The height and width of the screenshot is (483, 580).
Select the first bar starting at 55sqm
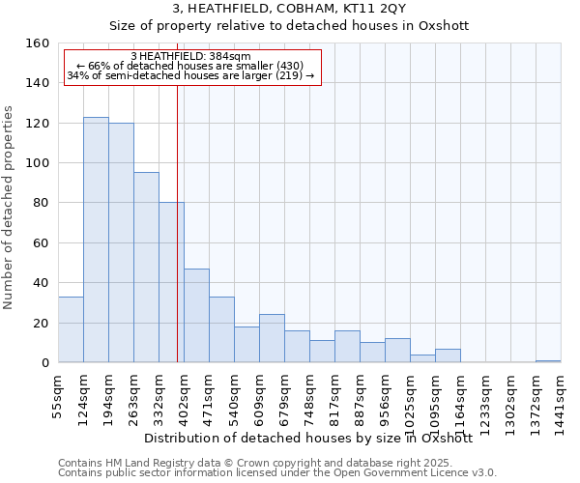[71, 329]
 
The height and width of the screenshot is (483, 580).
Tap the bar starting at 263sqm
[146, 268]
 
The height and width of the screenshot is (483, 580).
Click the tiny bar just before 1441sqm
[548, 360]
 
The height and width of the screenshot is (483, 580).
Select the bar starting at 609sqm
[272, 338]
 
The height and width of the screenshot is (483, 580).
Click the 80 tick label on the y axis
[39, 203]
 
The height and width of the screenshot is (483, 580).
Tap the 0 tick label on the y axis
[43, 362]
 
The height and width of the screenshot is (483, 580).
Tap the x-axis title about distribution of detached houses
[307, 438]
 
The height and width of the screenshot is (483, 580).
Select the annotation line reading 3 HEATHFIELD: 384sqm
[190, 56]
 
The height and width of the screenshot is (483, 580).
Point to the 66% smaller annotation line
[190, 66]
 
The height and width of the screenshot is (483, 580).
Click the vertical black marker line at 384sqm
[177, 241]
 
